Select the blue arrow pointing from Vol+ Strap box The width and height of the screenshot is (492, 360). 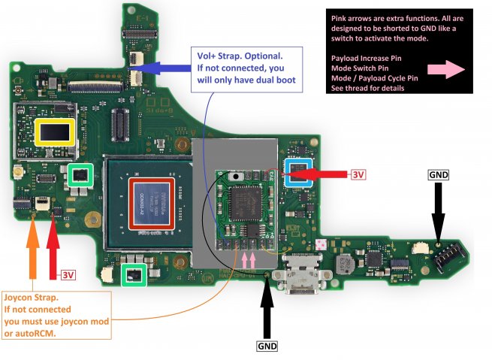pos(161,68)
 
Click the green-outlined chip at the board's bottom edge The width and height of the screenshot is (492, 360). pos(134,275)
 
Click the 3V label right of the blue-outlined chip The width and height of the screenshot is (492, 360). pos(358,175)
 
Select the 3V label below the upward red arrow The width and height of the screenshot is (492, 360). pos(68,275)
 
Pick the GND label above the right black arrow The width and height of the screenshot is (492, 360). pos(438,174)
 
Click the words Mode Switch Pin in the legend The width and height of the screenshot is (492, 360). pos(361,68)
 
